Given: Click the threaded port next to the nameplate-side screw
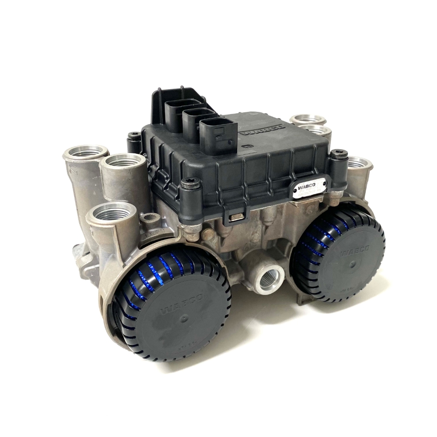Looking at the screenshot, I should [359, 164].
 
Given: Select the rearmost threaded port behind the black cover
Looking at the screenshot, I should [308, 119].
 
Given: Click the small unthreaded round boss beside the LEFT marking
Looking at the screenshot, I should [150, 217].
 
